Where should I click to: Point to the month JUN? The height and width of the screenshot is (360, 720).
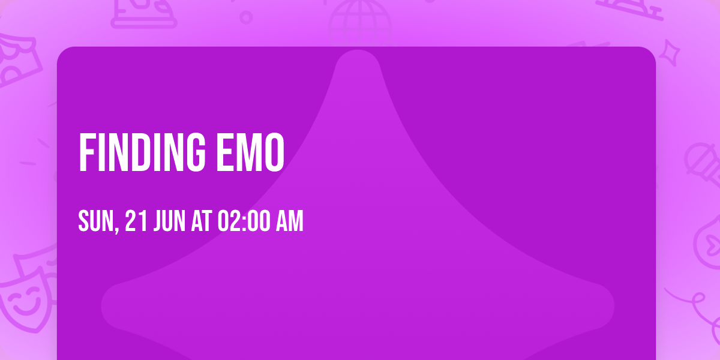[x=172, y=222]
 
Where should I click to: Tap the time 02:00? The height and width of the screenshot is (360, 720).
[x=243, y=222]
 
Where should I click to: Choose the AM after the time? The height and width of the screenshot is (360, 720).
[x=289, y=222]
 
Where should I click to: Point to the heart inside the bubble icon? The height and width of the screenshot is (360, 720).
[x=712, y=243]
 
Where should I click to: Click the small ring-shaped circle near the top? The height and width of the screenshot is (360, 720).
[x=246, y=17]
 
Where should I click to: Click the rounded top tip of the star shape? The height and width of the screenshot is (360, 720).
[x=358, y=63]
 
